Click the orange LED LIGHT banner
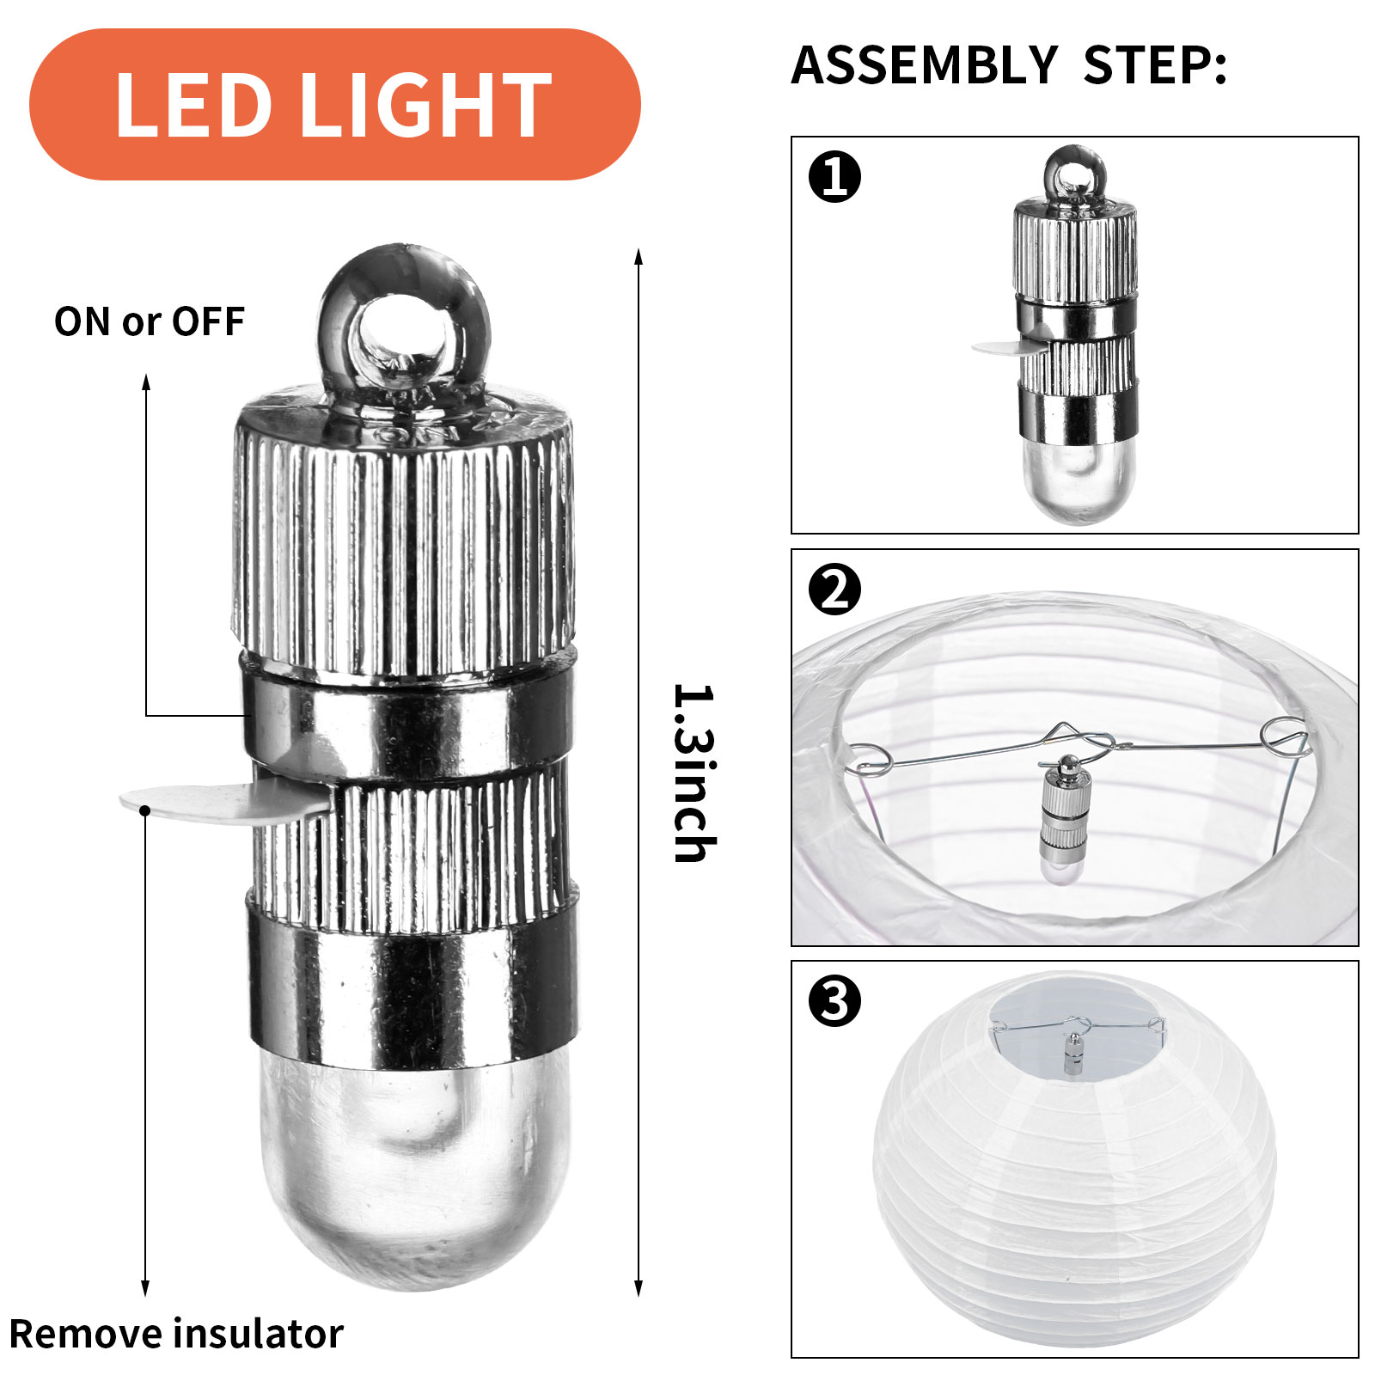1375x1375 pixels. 335,104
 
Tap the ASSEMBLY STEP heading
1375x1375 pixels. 1009,65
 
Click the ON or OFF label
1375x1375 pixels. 150,321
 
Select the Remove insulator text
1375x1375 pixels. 176,1334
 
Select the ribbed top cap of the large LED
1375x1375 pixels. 404,533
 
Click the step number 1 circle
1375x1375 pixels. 834,177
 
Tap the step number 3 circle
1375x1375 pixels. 834,1001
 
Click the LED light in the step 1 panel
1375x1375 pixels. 1076,335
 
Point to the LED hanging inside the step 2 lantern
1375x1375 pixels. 1066,821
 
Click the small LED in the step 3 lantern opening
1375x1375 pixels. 1072,1054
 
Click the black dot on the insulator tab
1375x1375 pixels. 145,810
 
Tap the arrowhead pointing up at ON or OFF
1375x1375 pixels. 146,383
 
